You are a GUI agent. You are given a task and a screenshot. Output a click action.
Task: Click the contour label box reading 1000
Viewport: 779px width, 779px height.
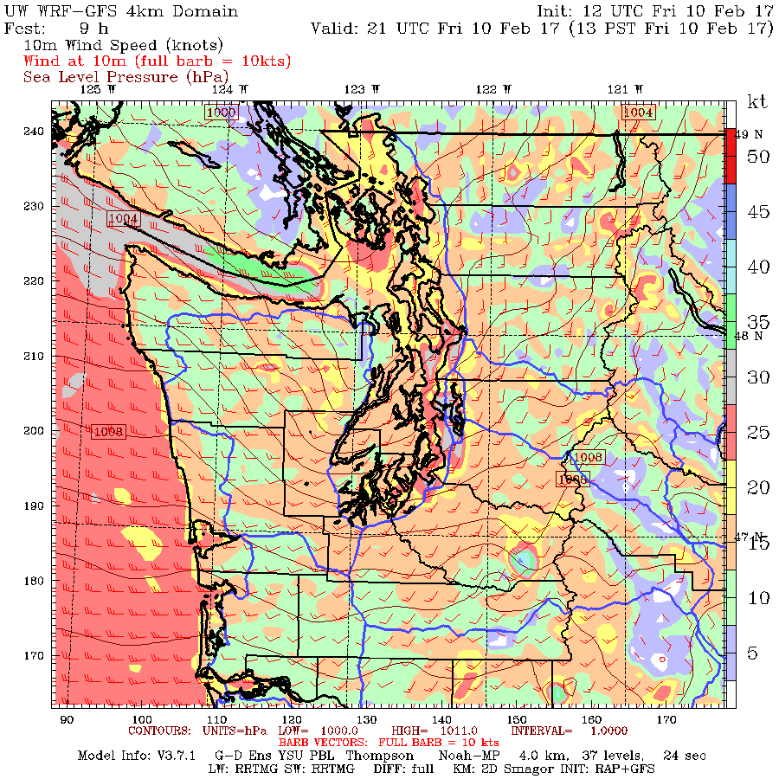tap(221, 113)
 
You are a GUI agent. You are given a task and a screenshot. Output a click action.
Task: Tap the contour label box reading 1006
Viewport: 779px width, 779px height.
tap(572, 479)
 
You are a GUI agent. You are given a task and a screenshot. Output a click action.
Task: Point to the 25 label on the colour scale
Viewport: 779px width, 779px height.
tap(758, 432)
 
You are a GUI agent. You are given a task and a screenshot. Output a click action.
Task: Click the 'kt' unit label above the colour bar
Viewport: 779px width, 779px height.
tap(757, 102)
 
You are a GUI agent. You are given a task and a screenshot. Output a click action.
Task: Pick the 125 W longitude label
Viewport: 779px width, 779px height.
tap(96, 89)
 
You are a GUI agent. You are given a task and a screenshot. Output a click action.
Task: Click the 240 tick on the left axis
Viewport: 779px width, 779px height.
tap(35, 132)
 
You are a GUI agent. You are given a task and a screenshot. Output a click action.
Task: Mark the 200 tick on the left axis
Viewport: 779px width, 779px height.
tap(35, 430)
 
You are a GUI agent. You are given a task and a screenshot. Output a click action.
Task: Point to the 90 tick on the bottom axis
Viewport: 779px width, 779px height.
tap(66, 719)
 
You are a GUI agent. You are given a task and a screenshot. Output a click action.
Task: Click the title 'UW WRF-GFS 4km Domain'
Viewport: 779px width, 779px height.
tap(121, 11)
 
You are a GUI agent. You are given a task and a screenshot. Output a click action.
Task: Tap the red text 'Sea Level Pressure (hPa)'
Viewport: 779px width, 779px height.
tap(113, 77)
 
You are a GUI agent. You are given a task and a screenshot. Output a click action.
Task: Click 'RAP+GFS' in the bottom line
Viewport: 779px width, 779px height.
tap(626, 769)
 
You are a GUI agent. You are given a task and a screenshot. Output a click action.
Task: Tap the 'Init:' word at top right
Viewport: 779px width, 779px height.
tap(558, 11)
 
